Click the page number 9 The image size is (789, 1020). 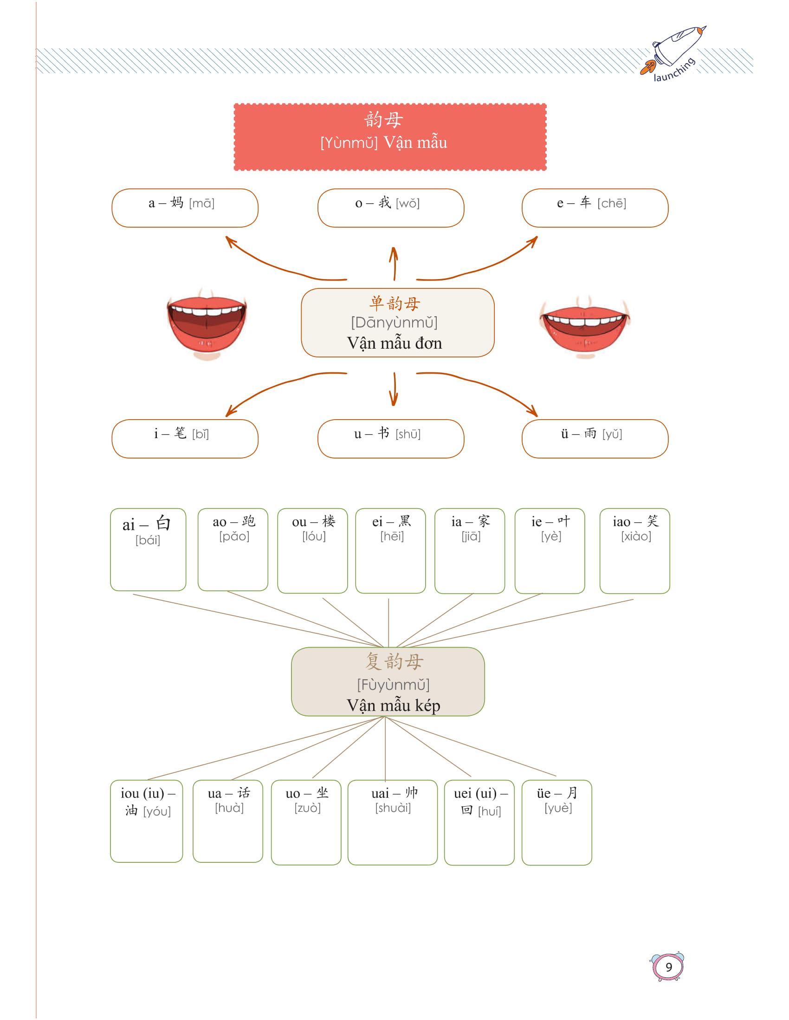668,967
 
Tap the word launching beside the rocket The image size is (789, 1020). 674,70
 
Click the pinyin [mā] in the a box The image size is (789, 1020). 201,204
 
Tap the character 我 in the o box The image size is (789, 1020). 385,203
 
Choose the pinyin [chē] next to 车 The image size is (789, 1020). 611,204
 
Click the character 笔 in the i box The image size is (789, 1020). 181,433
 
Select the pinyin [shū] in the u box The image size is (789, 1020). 408,434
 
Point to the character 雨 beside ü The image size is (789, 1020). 590,433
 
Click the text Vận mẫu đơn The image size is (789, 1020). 394,343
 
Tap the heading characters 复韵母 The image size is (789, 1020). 394,661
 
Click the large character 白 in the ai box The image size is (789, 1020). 163,523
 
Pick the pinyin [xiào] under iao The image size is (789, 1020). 636,536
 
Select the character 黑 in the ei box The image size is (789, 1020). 404,521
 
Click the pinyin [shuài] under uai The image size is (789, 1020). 393,808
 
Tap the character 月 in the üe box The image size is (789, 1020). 572,793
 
